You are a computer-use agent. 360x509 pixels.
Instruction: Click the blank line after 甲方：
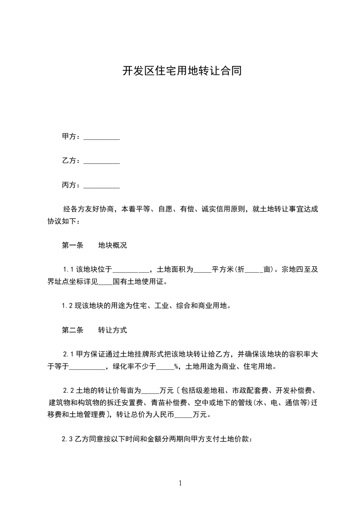coord(102,137)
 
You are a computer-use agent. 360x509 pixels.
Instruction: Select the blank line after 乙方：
coord(102,161)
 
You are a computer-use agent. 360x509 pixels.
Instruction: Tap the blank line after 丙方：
coord(102,185)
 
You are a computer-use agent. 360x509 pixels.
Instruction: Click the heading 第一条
coord(73,245)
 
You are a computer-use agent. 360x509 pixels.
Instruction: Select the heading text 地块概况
coord(113,245)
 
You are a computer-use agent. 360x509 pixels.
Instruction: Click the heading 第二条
coord(73,330)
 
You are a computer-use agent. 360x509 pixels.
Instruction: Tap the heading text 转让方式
coord(113,330)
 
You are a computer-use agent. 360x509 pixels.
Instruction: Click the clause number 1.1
coord(68,269)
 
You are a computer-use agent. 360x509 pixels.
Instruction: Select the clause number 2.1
coord(68,354)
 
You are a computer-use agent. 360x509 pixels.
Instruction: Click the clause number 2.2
coord(68,390)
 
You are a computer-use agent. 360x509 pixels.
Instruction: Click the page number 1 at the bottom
coord(180,483)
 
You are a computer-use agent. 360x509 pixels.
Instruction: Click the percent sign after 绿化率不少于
coord(176,367)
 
